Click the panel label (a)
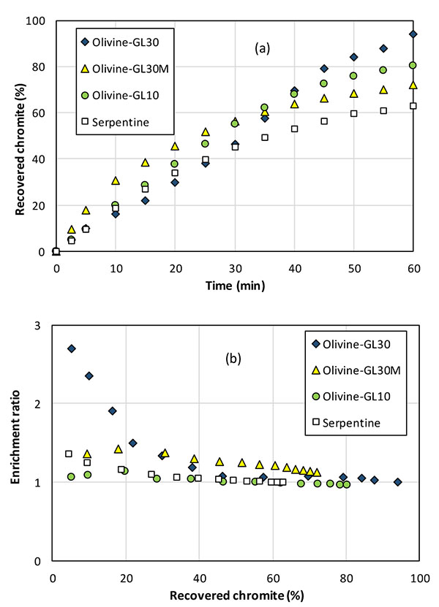pos(263,50)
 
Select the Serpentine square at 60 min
pos(413,106)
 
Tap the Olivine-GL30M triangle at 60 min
pos(413,85)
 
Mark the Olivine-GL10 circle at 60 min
pos(413,65)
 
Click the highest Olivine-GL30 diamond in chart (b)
pos(72,348)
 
